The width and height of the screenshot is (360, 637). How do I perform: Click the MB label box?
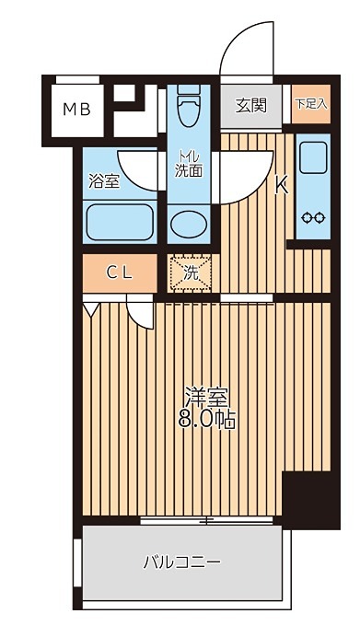76,110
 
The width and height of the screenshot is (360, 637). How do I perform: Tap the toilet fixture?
191,109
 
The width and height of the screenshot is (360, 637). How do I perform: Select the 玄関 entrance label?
250,105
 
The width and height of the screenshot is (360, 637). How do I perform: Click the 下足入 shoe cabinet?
310,104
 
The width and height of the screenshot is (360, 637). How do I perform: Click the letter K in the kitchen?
283,184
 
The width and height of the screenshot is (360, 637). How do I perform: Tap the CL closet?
118,272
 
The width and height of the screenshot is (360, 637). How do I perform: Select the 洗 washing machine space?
191,272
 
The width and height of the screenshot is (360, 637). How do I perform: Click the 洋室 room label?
206,399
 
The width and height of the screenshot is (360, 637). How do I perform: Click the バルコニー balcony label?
181,561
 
